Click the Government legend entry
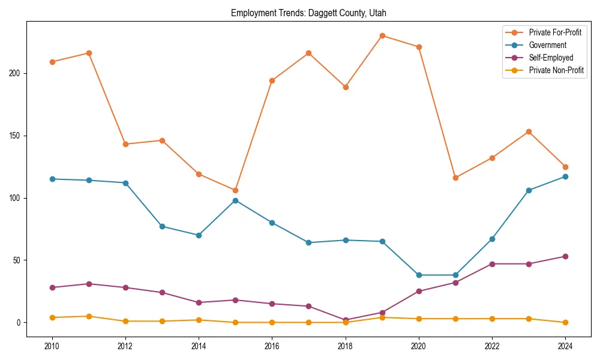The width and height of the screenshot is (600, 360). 547,45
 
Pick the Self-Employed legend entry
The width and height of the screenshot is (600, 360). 551,58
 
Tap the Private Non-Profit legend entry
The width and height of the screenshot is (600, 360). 556,70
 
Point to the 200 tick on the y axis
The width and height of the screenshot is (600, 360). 16,73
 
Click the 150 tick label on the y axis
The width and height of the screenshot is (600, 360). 16,136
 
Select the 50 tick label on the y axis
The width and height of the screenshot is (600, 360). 17,260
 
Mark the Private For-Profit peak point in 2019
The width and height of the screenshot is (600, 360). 382,35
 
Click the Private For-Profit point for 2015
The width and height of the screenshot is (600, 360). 235,190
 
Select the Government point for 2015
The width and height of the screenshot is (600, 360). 235,200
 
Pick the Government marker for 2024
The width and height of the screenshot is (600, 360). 565,176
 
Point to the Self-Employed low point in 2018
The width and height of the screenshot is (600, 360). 346,320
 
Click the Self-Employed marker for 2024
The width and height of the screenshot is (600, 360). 565,256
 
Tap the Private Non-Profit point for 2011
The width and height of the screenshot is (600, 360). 89,316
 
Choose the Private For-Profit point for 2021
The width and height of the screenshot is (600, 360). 455,178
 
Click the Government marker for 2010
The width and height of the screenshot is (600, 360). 52,179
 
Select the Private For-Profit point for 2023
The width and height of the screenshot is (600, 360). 529,131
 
